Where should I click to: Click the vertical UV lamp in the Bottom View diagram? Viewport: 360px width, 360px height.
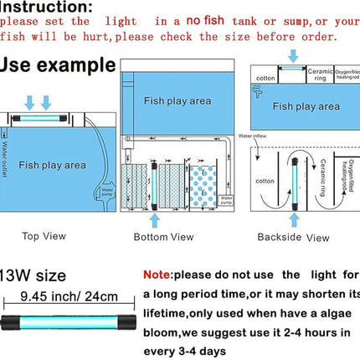tap(153, 182)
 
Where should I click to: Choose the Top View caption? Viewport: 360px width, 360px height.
tap(42, 235)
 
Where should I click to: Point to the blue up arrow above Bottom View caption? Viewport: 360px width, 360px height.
tap(153, 219)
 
